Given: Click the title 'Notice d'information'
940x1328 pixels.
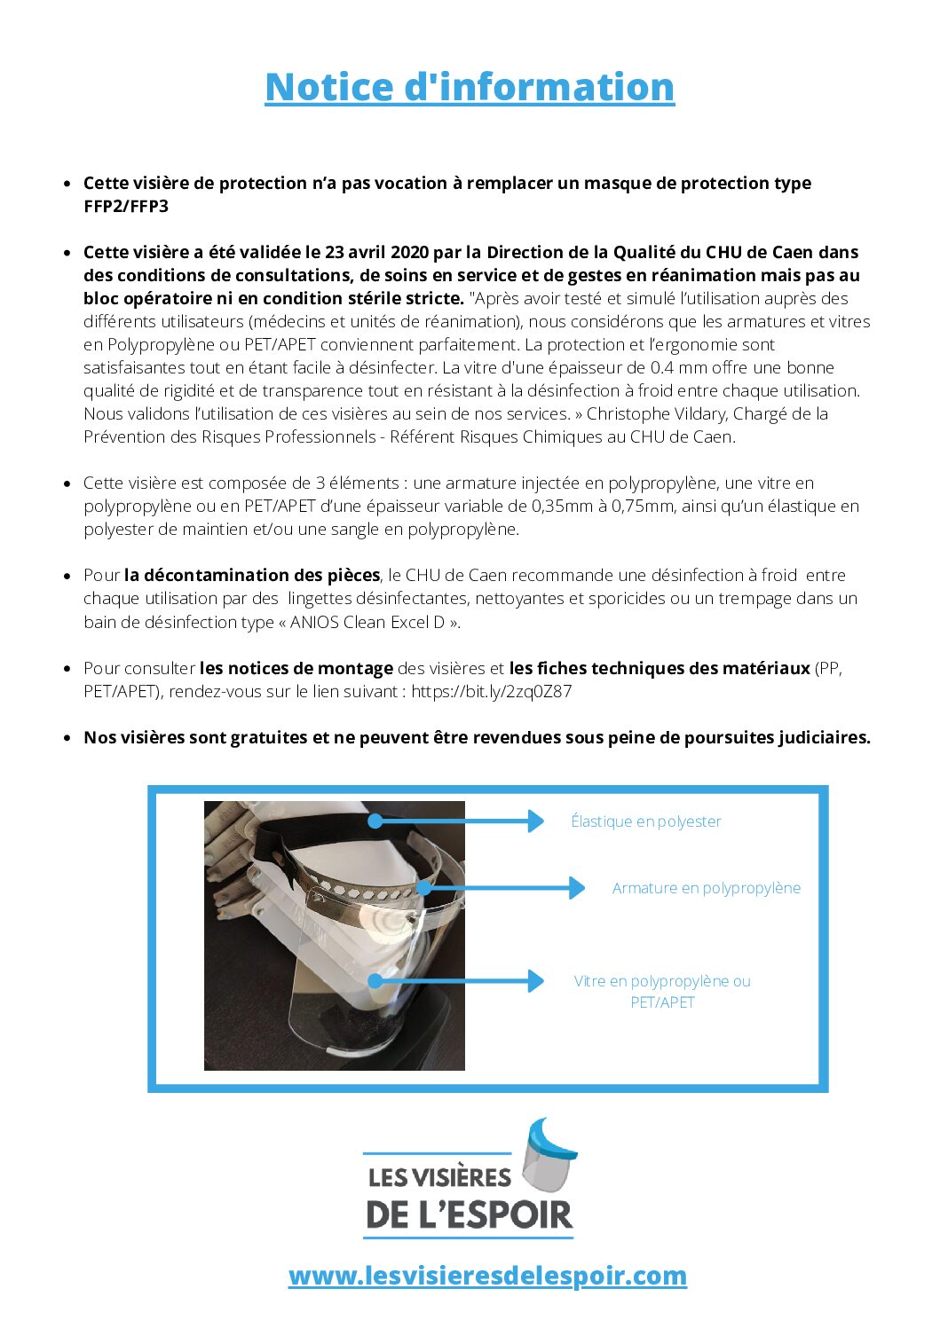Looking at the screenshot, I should point(470,87).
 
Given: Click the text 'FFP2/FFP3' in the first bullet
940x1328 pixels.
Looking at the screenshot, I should point(126,207).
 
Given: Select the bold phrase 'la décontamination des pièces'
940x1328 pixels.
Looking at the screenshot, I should point(252,576).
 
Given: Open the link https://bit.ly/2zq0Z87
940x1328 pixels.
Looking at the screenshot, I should point(492,692).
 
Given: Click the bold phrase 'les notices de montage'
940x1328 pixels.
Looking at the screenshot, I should point(296,669).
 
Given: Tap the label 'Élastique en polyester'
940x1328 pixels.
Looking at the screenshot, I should point(646,821).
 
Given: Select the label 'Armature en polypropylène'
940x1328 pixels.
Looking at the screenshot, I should point(707,888).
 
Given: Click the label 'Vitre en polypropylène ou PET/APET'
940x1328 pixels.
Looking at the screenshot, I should point(662,991).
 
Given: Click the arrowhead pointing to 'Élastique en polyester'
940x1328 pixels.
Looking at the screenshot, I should point(535,821).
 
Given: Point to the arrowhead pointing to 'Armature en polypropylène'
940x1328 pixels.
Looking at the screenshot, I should point(577,888).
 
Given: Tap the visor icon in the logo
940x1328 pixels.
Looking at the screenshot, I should point(548,1156).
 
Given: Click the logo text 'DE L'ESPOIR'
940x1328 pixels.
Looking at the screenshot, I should point(470,1215).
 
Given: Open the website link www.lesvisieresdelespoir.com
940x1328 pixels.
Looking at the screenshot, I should point(487,1276).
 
